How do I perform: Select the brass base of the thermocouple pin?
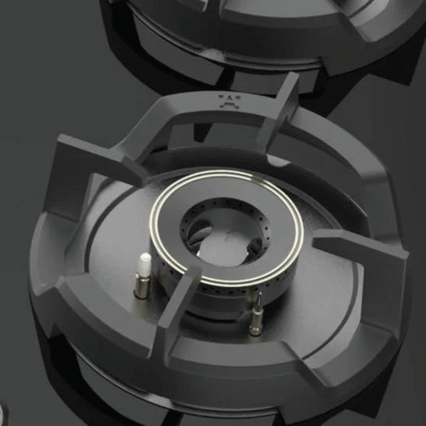click(x=256, y=323)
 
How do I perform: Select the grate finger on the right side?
click(x=355, y=248)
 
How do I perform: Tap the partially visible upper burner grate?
click(x=256, y=32)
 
